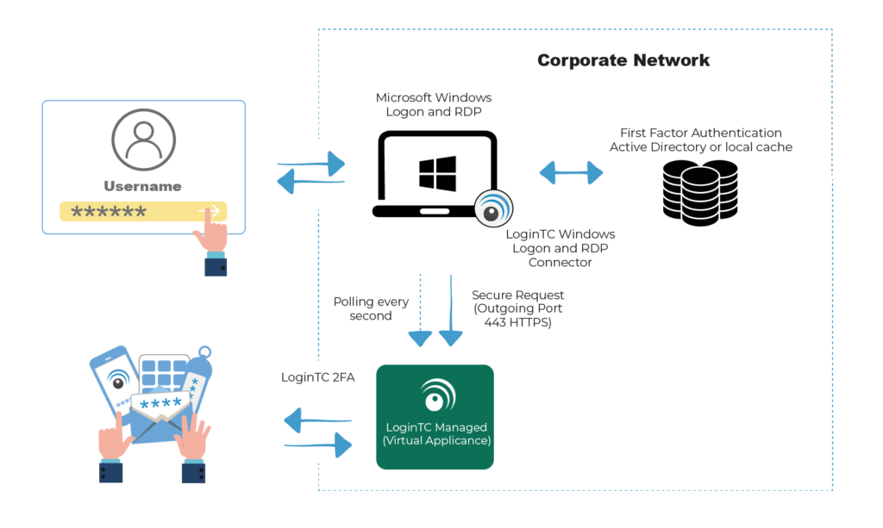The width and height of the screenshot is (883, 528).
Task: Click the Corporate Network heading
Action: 623,60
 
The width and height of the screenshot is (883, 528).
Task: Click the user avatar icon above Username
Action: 143,140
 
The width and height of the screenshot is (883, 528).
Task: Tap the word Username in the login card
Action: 143,186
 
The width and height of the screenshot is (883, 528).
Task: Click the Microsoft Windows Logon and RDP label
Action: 434,104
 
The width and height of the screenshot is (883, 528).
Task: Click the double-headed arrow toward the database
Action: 571,173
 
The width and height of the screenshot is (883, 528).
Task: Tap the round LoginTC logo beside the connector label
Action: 493,209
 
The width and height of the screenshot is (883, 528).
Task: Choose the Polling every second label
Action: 371,308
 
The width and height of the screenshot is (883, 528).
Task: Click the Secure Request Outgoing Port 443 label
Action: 517,308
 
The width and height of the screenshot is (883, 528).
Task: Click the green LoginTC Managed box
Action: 435,417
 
